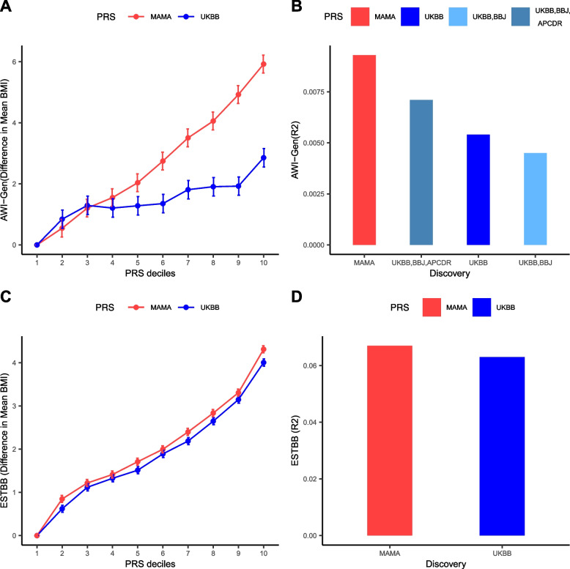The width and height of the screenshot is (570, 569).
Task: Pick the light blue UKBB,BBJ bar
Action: coord(535,198)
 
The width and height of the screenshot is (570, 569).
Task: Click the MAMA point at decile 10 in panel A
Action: coord(264,64)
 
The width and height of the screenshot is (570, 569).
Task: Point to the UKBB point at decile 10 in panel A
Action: coord(264,157)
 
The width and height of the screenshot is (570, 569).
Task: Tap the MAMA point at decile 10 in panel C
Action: coord(264,349)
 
